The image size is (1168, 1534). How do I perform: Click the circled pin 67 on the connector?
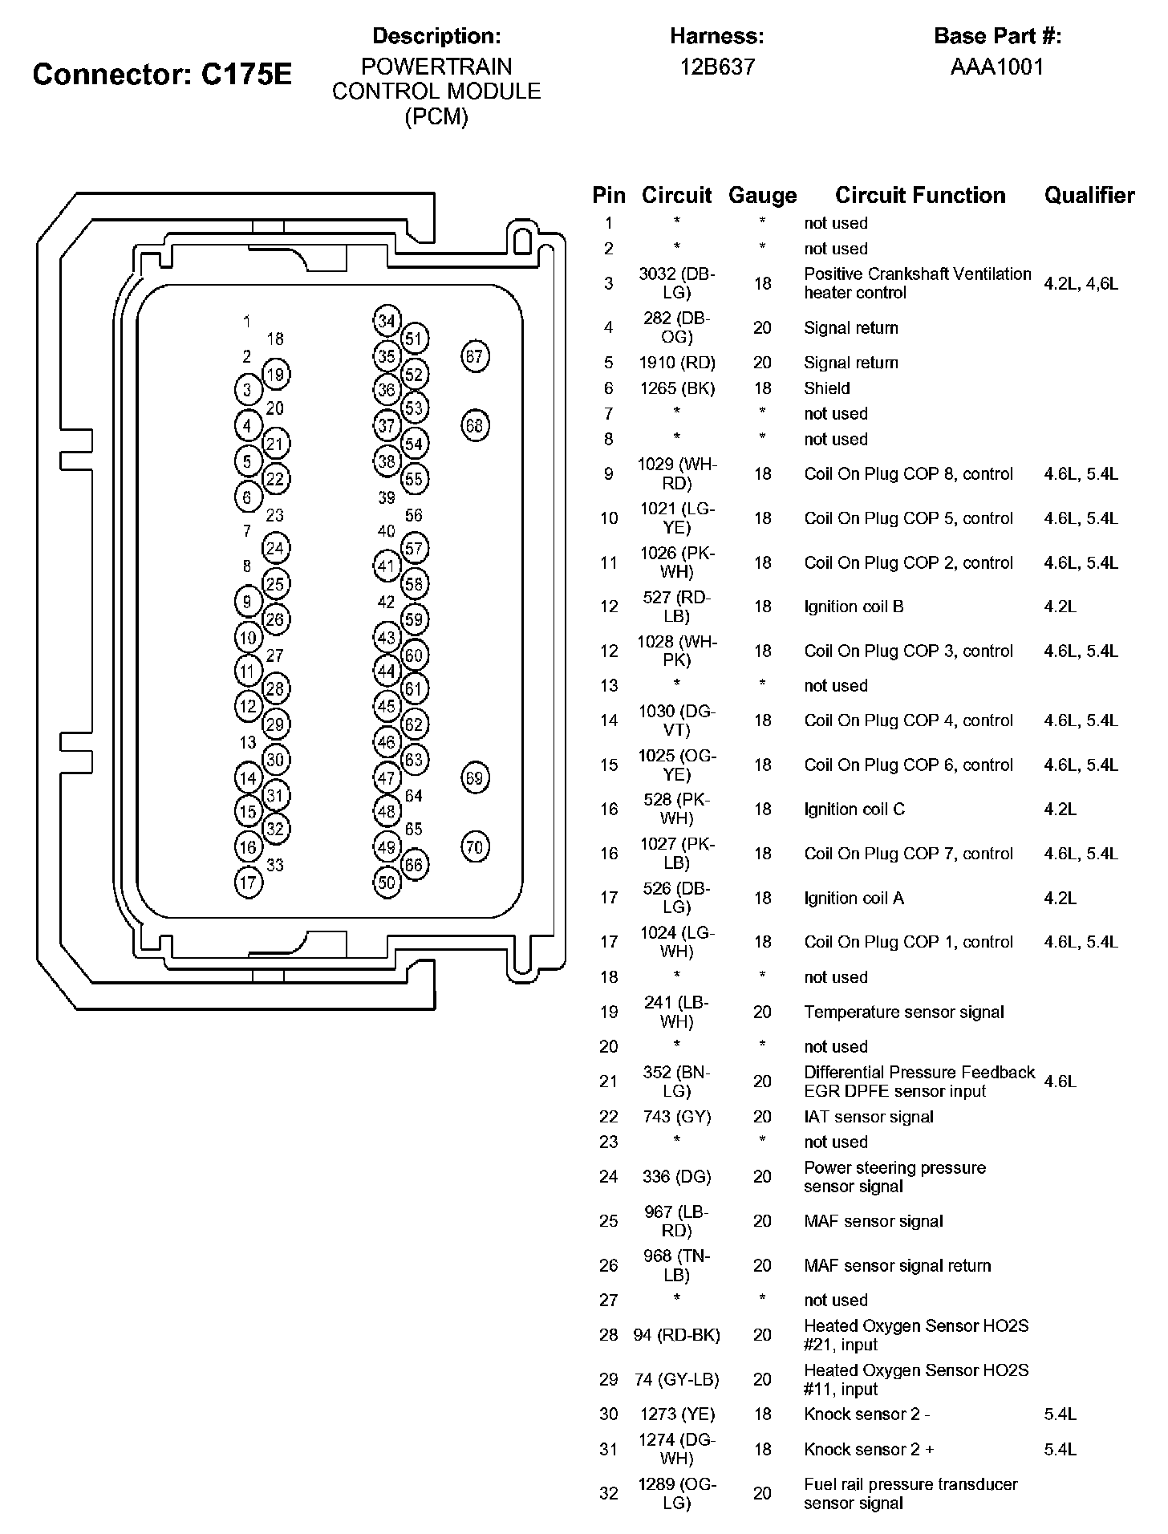coord(475,356)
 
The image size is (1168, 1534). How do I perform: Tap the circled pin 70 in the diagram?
coord(475,847)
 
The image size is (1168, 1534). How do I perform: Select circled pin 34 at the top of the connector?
coord(387,321)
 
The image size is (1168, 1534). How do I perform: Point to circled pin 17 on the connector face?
coord(248,883)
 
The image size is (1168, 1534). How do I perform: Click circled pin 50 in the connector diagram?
coord(387,883)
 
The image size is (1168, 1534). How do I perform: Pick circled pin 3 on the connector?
coord(247,391)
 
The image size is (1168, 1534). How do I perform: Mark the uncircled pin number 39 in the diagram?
coord(387,497)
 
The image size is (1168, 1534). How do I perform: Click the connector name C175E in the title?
coord(246,75)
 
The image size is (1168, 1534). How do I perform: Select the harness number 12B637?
coord(717,67)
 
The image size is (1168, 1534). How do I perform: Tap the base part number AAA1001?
coord(997,67)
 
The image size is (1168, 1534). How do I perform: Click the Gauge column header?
coord(762,196)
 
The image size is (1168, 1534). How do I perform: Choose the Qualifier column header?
coord(1089,196)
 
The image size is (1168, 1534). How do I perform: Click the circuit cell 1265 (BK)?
coord(677,388)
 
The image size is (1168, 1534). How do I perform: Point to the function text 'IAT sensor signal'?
coord(869,1117)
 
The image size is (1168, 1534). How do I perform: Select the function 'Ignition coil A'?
coord(854,899)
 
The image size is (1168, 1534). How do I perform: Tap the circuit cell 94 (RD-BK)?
coord(677,1335)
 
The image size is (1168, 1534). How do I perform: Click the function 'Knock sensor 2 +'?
coord(870,1450)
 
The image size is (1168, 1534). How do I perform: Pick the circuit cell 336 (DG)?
coord(677,1177)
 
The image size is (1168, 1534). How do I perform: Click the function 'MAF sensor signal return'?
coord(898,1266)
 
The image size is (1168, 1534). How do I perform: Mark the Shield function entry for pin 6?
coord(827,388)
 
